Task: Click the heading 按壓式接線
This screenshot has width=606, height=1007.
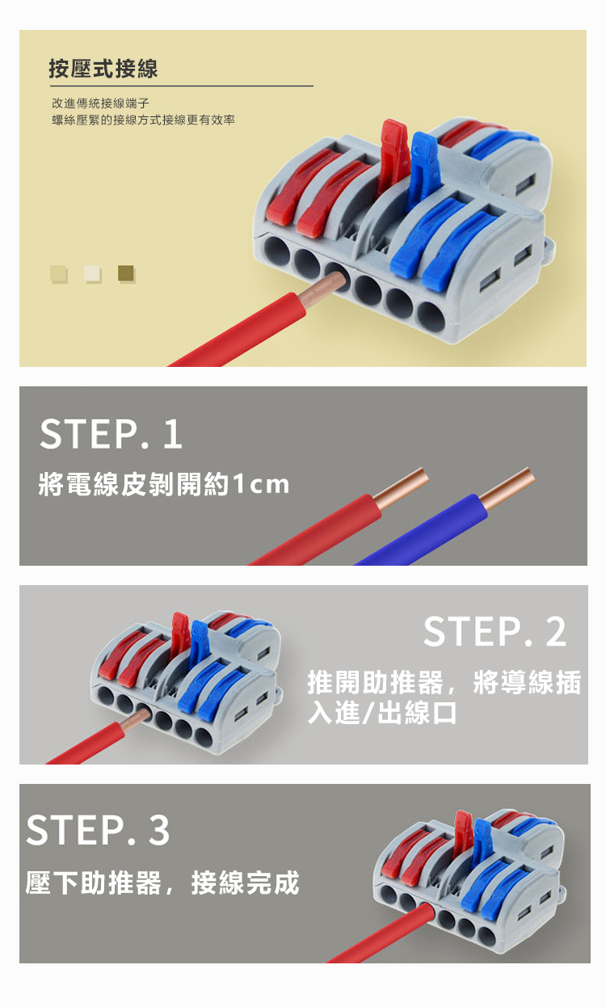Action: [103, 69]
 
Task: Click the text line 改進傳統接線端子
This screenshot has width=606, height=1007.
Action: [100, 103]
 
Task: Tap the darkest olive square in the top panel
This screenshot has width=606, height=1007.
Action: [125, 272]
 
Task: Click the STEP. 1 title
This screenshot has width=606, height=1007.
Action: [111, 434]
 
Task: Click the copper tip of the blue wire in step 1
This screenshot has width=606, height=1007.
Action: [507, 488]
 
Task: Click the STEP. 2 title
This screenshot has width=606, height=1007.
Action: [494, 632]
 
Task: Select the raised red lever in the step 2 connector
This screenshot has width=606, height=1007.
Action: [181, 634]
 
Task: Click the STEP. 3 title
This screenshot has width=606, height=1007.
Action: [98, 830]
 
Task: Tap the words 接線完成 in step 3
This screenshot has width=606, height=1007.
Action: [246, 883]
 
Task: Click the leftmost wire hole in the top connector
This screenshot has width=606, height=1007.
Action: [277, 252]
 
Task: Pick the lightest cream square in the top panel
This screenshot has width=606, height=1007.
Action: [92, 273]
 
